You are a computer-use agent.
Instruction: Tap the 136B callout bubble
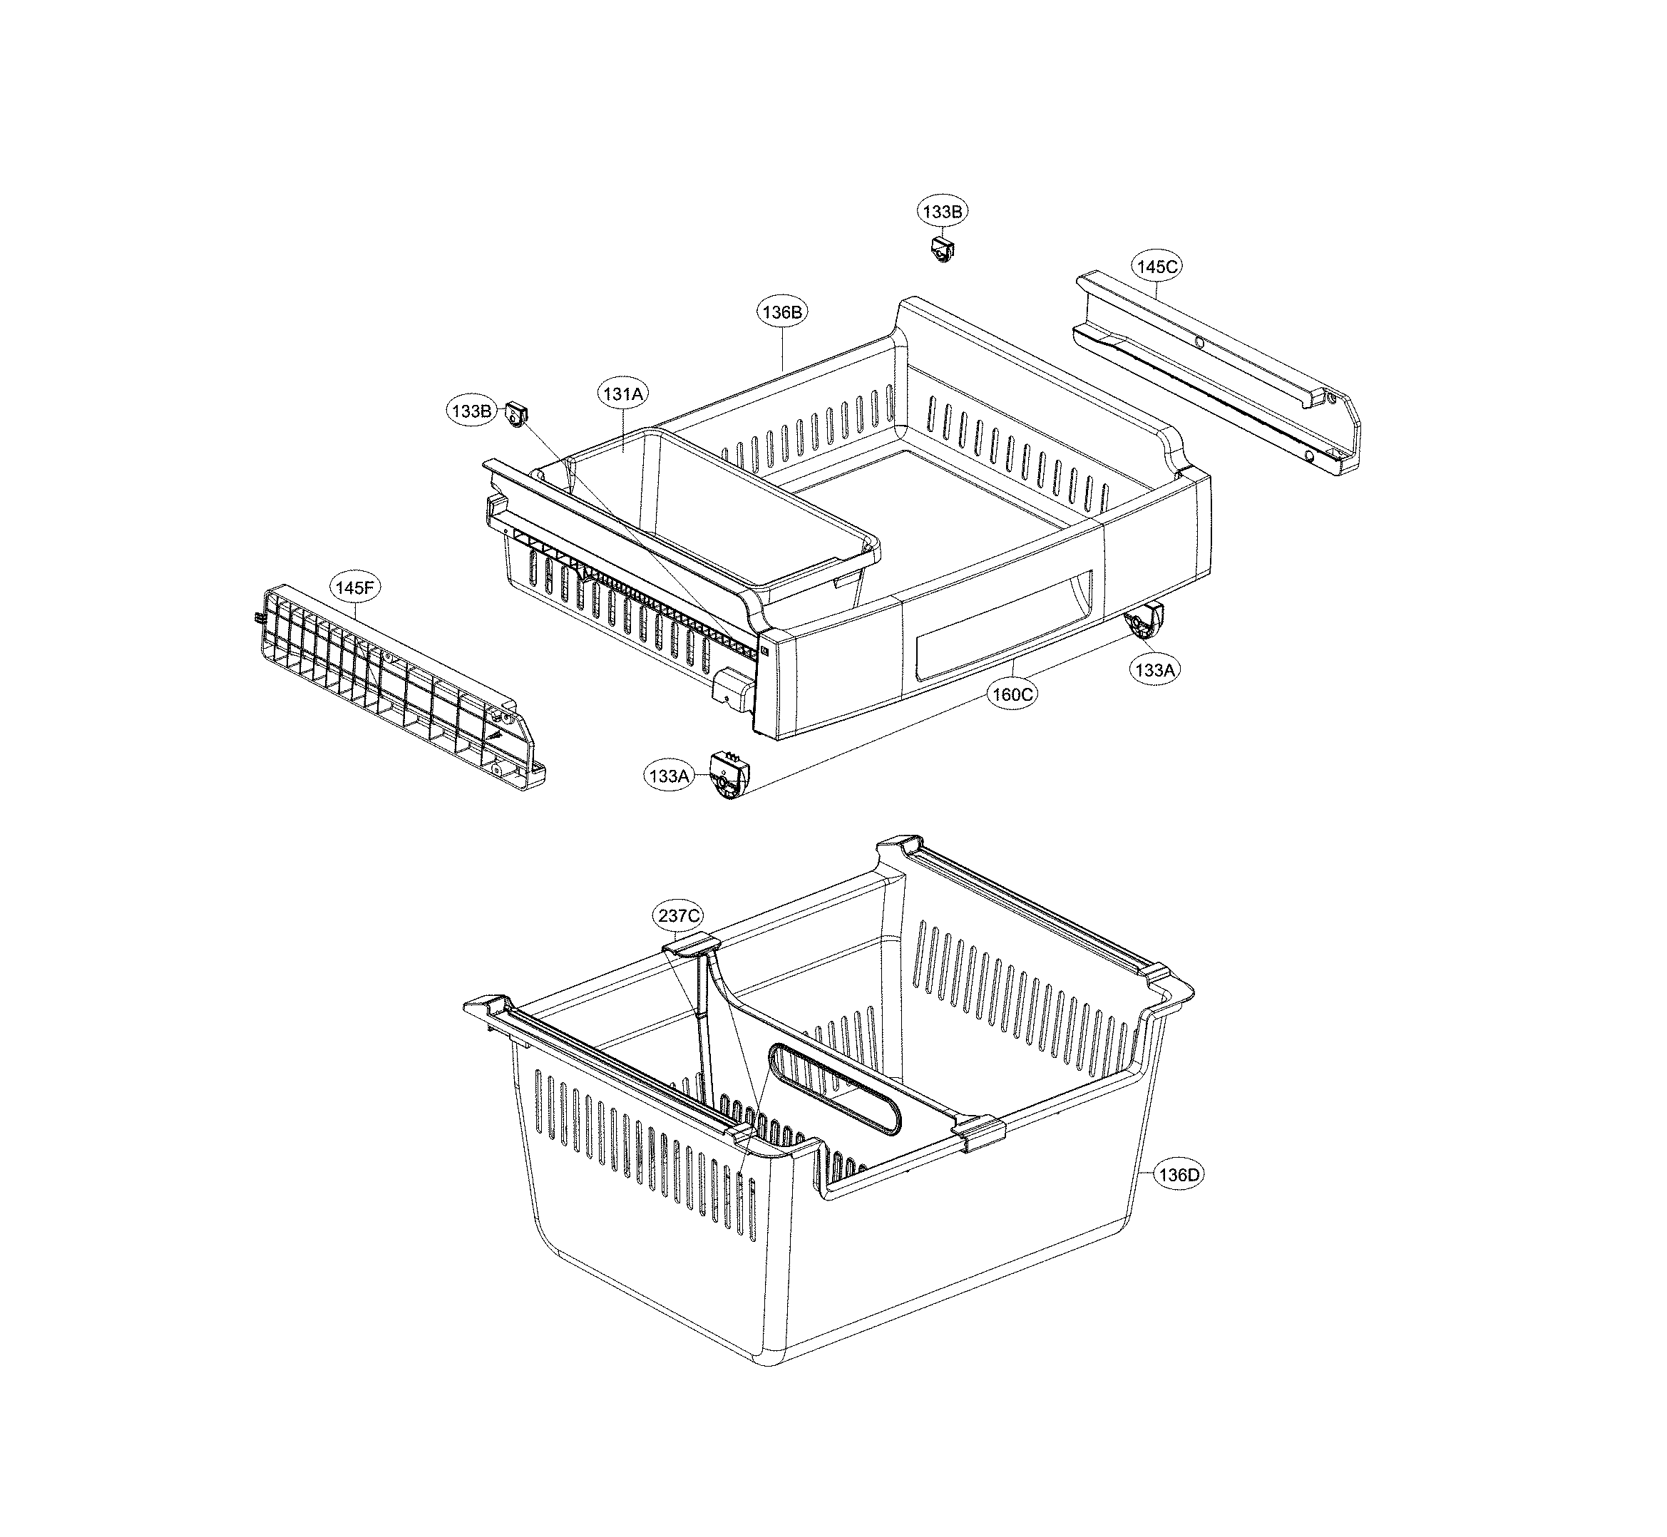pos(783,313)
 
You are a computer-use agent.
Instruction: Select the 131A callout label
pos(623,394)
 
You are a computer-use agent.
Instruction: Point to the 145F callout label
pos(355,587)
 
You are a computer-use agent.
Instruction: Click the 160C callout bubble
pos(1012,694)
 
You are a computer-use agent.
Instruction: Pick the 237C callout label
pos(678,915)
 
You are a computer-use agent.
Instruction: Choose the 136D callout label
pos(1179,1175)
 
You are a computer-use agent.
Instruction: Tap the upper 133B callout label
pos(943,211)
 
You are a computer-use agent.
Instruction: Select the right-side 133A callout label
pos(1154,669)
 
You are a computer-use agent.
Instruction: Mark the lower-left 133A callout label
pos(670,776)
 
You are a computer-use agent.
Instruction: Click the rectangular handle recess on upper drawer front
pos(998,624)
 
